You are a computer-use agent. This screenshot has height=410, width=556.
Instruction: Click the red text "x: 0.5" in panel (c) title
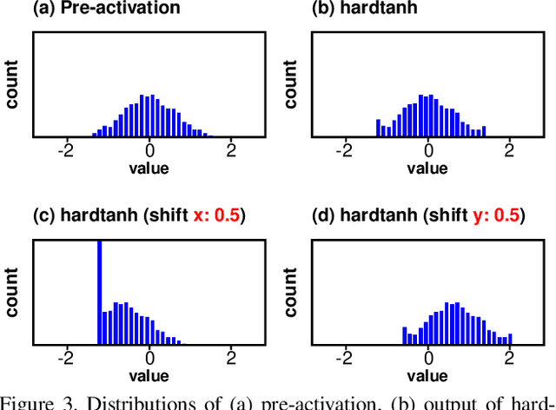213,215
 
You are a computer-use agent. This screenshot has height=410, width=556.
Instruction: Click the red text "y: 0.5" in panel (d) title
491,215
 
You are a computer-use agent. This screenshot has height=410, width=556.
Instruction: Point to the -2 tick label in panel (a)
66,149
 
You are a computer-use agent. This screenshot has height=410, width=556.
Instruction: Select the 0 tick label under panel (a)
149,149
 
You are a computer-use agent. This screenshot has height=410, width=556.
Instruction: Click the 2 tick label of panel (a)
231,149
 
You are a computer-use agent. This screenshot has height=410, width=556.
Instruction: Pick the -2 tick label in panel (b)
345,149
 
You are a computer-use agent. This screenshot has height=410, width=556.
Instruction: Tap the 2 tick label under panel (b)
510,149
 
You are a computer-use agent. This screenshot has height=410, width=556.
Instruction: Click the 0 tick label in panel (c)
149,357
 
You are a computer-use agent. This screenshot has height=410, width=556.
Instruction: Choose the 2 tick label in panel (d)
510,357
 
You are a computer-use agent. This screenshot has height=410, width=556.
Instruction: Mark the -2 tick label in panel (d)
345,357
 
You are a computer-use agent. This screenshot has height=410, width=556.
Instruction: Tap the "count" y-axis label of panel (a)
13,84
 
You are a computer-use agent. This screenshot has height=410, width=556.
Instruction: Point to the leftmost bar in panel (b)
378,128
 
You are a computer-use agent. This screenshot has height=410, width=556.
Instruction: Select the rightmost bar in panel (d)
510,339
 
